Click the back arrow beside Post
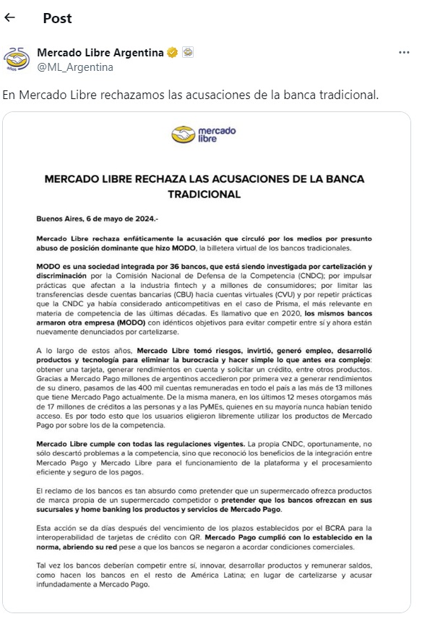pos(9,17)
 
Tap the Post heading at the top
pos(57,18)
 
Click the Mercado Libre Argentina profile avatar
pos(17,60)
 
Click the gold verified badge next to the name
pos(173,53)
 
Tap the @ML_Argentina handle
pos(74,67)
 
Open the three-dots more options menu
pos(404,53)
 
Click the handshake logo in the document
pos(184,135)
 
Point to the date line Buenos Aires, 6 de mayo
pos(86,218)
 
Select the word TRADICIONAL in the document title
pos(204,194)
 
